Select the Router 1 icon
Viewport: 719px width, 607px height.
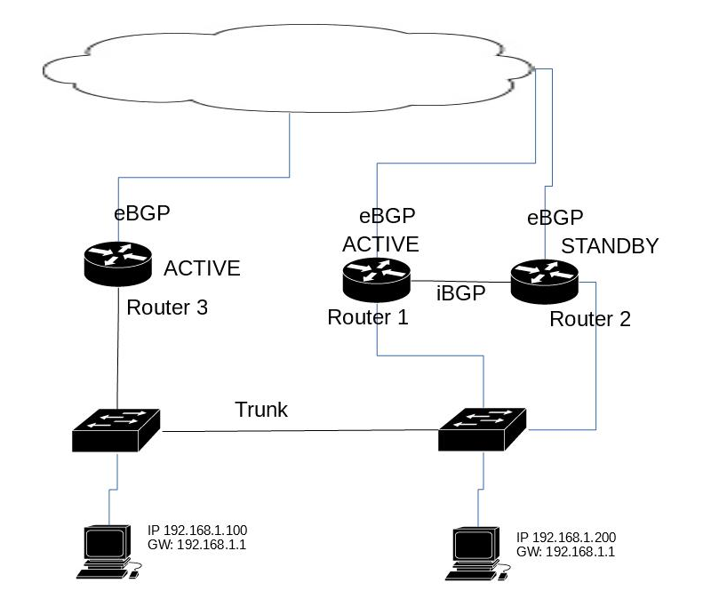coord(376,278)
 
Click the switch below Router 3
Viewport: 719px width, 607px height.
coord(116,429)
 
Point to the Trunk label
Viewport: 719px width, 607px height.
coord(261,410)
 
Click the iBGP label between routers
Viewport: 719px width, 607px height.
coord(460,294)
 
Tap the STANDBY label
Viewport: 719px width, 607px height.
coord(610,246)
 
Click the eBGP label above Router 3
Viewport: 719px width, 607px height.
coord(141,213)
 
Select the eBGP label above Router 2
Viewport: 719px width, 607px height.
coord(555,218)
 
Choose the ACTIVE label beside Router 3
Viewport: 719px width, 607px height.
coord(203,268)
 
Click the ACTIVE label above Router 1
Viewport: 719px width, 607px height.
coord(380,244)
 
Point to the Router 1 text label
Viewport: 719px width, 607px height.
coord(368,317)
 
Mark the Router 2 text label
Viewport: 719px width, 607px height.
coord(590,320)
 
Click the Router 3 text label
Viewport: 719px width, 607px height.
coord(167,308)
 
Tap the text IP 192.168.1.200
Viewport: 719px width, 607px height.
coord(566,539)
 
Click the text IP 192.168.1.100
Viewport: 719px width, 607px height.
coord(196,531)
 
